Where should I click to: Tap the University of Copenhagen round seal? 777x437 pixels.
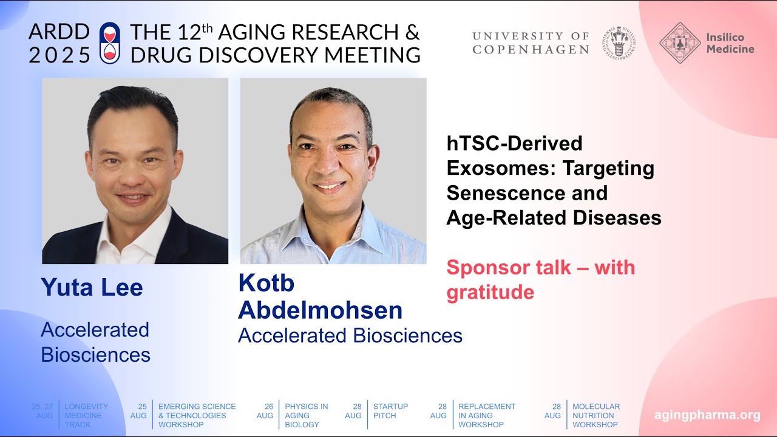619,42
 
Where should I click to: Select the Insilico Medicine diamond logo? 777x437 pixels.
680,43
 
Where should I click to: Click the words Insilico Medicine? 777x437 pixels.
730,43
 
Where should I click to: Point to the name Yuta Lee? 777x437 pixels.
92,287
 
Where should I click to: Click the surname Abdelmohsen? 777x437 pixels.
320,310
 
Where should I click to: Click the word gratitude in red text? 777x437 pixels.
490,293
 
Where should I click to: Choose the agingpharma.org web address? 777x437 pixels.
707,415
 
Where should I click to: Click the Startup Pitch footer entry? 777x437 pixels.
390,411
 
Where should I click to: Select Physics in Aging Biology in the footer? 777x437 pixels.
306,415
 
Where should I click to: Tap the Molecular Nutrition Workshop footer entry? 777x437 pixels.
595,415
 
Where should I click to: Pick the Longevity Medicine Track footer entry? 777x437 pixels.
86,415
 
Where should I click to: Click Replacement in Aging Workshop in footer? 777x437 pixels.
486,415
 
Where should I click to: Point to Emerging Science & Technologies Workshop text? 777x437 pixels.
197,415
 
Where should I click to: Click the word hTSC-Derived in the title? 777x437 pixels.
514,143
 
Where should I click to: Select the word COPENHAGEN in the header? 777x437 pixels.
531,50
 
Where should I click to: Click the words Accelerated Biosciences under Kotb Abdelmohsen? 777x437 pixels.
350,336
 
